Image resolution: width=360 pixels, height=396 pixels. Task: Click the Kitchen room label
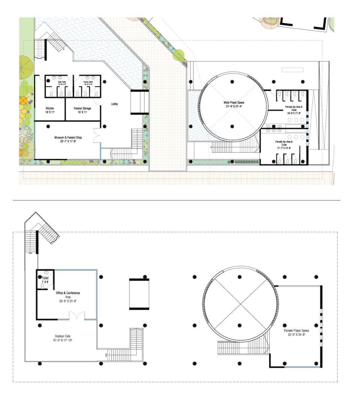coord(50,108)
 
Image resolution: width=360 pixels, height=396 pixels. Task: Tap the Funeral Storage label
coord(82,108)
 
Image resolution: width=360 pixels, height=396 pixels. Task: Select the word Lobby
coord(115,104)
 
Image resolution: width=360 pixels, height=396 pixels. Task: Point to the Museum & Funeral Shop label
coord(68,138)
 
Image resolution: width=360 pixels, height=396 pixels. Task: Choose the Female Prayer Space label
coord(296,330)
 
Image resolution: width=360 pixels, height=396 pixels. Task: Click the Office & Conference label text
coord(68,292)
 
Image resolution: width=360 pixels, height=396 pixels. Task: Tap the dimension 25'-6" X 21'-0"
coord(68,301)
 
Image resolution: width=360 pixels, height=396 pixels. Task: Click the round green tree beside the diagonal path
coord(179,55)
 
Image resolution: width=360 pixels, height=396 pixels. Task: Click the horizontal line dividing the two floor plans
coord(176,200)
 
